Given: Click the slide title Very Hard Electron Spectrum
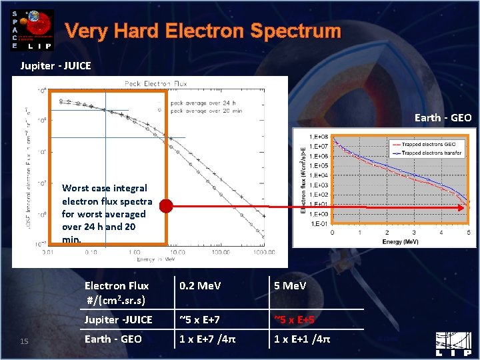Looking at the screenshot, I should tap(203, 31).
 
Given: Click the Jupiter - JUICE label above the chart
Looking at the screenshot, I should tap(55, 65).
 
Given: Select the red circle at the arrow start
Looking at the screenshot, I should tap(166, 207).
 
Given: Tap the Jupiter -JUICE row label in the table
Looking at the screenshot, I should tap(118, 320).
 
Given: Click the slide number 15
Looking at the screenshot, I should tap(24, 342).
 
